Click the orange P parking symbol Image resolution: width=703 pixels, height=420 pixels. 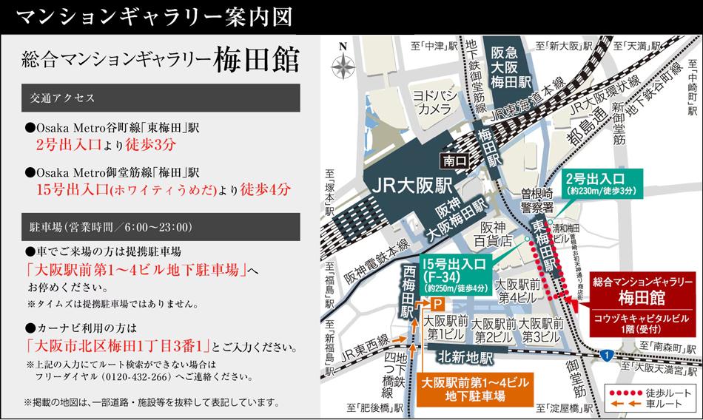tap(437, 303)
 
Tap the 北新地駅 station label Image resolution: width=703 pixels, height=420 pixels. tap(465, 355)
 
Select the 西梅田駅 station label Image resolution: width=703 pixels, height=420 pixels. tap(408, 293)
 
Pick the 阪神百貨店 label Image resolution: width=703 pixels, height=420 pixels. tap(495, 234)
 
